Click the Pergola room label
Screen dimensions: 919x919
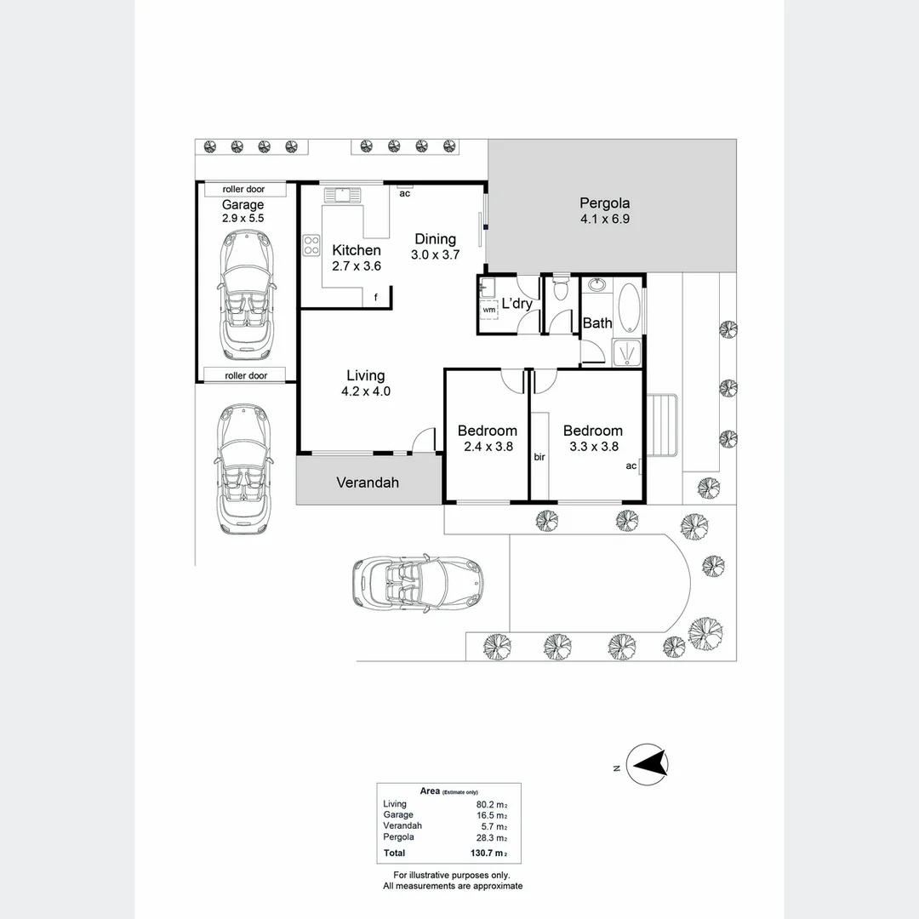pos(604,203)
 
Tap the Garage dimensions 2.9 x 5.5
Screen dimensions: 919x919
pos(243,218)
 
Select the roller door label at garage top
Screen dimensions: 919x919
pos(243,189)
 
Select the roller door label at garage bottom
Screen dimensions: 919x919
pos(246,375)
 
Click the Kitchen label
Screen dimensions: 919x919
pos(356,250)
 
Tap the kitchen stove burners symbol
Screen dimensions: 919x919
pos(311,245)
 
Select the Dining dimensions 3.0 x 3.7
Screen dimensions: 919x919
pos(435,254)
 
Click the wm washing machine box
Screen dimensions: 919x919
pos(488,310)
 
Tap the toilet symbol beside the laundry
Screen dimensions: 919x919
pos(560,289)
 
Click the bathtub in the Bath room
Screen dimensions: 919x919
pos(629,308)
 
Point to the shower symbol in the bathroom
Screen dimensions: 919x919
pos(629,351)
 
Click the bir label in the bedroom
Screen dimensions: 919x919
pos(539,457)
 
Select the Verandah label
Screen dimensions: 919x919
pos(367,482)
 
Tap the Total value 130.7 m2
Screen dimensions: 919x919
pos(491,853)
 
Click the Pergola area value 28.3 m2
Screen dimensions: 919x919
pos(491,837)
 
